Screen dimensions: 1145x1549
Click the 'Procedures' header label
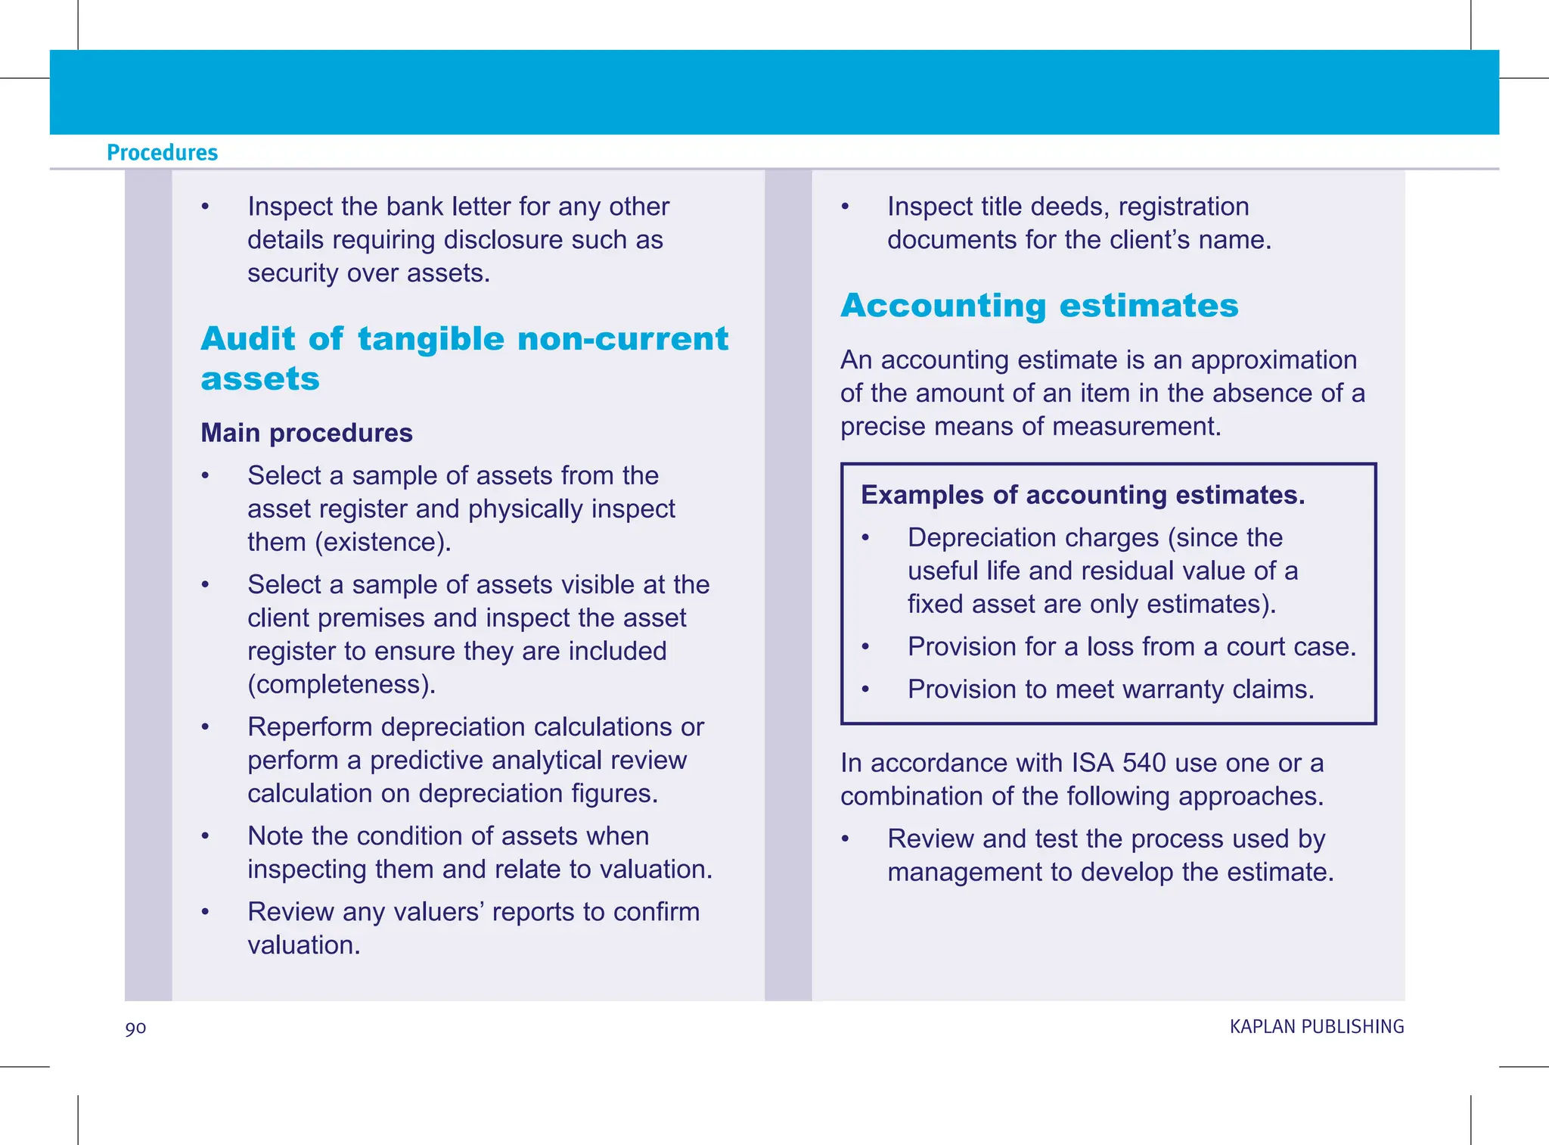coord(162,153)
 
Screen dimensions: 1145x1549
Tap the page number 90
coord(135,1028)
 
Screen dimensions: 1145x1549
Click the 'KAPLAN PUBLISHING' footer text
coord(1316,1027)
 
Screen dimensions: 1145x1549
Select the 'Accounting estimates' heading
coord(1039,306)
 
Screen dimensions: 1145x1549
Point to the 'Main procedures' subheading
coord(306,433)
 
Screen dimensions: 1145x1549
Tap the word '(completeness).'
coord(342,685)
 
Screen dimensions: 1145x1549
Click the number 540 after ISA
coord(1144,763)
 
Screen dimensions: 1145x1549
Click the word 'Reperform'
coord(310,727)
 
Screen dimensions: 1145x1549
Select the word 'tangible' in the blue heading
coord(430,339)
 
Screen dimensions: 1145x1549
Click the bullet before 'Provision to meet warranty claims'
coord(866,689)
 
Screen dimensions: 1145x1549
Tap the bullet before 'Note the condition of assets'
coord(205,836)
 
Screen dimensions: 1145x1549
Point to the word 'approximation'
coord(1274,360)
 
